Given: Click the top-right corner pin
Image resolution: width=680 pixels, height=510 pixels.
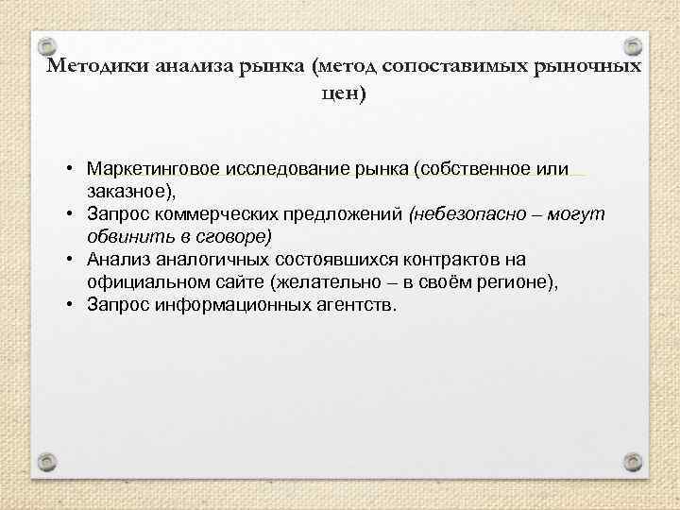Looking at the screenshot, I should coord(633,46).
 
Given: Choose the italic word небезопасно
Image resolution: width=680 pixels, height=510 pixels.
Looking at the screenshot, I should coord(457,214).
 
